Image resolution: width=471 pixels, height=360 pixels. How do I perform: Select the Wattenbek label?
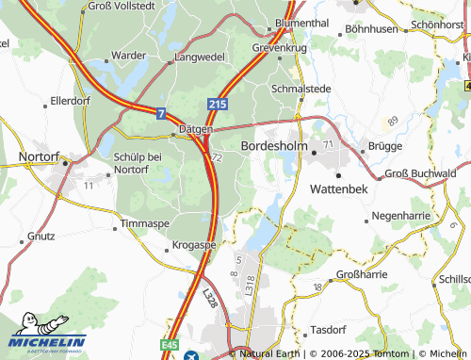[x=341, y=188]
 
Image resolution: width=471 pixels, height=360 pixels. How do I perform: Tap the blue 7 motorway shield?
[x=161, y=113]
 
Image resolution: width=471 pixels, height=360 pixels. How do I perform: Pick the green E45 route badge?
[x=170, y=345]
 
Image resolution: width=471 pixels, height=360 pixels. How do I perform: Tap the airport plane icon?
[x=192, y=355]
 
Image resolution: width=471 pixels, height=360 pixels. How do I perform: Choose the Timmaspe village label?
[x=143, y=224]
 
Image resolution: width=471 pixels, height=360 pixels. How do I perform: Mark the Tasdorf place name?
[x=328, y=332]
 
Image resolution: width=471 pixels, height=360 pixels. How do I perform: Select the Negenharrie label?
[x=402, y=216]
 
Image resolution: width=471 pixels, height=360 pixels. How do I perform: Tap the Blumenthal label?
[x=301, y=22]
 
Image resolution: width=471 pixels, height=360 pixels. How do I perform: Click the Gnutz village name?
[x=42, y=234]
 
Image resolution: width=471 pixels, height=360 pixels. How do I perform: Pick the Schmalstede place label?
[x=300, y=89]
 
